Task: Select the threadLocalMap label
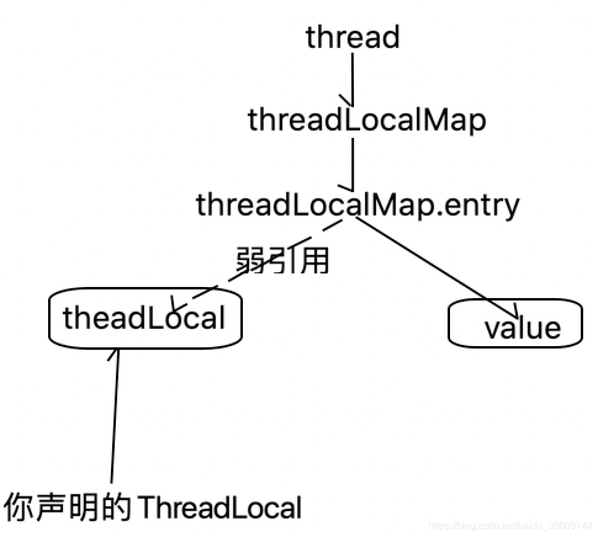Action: click(x=367, y=121)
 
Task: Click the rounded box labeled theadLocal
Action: click(x=145, y=318)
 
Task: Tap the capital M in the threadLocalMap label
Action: click(x=425, y=121)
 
